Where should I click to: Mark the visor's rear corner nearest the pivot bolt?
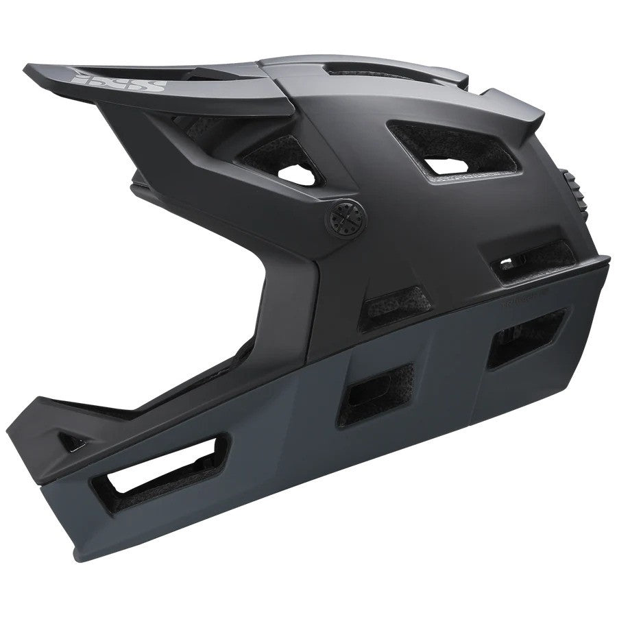(x=291, y=110)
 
